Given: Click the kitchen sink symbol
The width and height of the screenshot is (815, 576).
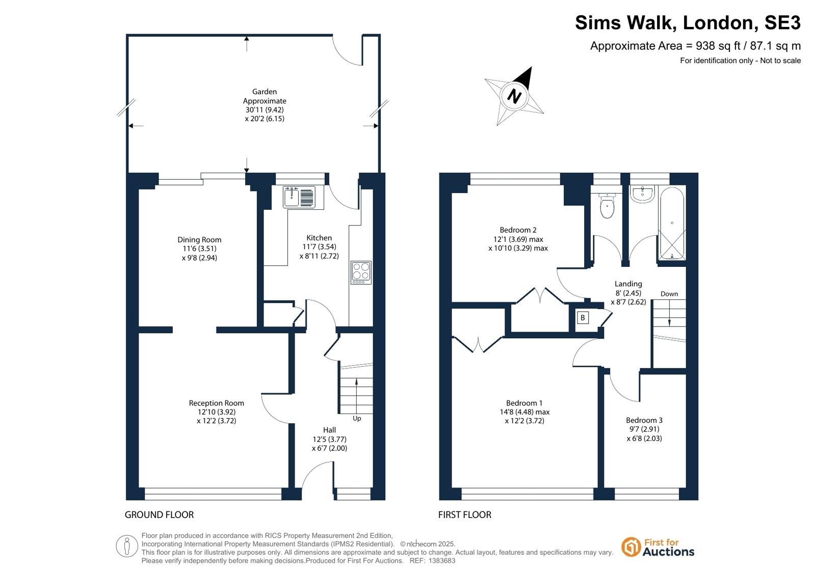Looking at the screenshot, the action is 299,197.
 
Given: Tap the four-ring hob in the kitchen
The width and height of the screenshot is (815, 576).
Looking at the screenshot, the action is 361,272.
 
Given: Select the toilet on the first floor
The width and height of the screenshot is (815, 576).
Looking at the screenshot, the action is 607,205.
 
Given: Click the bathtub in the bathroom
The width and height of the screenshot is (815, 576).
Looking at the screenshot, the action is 672,223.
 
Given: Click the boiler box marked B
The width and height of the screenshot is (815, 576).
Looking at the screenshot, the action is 583,318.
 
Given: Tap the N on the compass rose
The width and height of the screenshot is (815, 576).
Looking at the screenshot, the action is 514,96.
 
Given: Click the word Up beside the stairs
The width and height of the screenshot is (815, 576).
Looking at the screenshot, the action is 357,419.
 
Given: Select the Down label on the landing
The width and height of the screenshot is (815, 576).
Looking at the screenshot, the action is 669,294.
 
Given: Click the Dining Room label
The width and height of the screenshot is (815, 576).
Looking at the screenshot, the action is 199,240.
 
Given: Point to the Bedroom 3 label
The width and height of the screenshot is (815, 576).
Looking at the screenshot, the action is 644,420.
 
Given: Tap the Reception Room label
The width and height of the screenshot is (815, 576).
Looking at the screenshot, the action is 217,403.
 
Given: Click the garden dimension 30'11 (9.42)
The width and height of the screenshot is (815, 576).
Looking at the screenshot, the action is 265,110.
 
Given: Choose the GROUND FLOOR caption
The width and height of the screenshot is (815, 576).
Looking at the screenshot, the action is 160,514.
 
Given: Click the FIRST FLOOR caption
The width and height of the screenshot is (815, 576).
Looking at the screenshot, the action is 465,514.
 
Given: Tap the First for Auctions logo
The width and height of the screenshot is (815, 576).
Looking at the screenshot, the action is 658,547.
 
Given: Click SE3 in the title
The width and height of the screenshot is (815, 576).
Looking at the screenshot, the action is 782,22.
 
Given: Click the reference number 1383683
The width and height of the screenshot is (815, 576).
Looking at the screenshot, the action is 442,561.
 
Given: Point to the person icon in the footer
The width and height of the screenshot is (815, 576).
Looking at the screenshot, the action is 126,546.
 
